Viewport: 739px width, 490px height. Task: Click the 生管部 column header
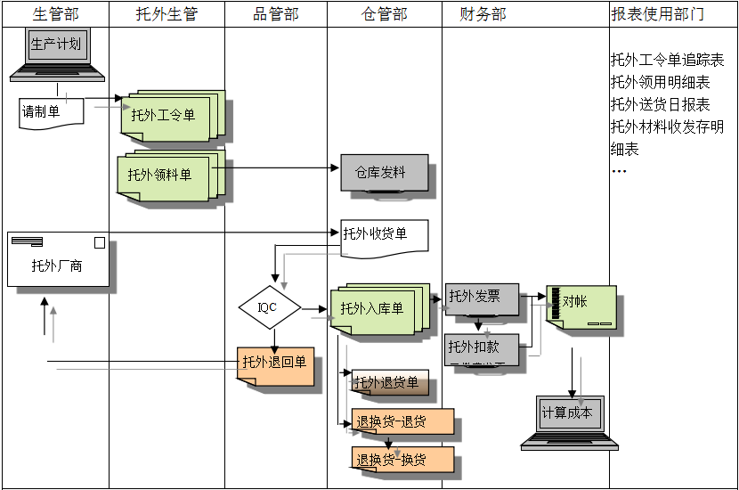tap(55, 14)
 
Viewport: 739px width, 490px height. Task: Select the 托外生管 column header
tap(166, 14)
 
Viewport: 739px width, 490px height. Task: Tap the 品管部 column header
tap(276, 14)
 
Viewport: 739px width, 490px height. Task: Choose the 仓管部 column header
tap(385, 14)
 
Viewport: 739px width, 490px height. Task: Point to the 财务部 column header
tap(483, 14)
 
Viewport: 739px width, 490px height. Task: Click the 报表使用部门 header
tap(658, 14)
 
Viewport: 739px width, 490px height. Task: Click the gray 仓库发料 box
tap(384, 173)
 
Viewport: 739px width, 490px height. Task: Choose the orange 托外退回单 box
tap(275, 364)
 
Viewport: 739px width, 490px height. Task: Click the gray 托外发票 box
tap(482, 298)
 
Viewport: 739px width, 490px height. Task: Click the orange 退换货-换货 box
tap(402, 461)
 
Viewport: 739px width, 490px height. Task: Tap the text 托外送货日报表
tap(660, 105)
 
